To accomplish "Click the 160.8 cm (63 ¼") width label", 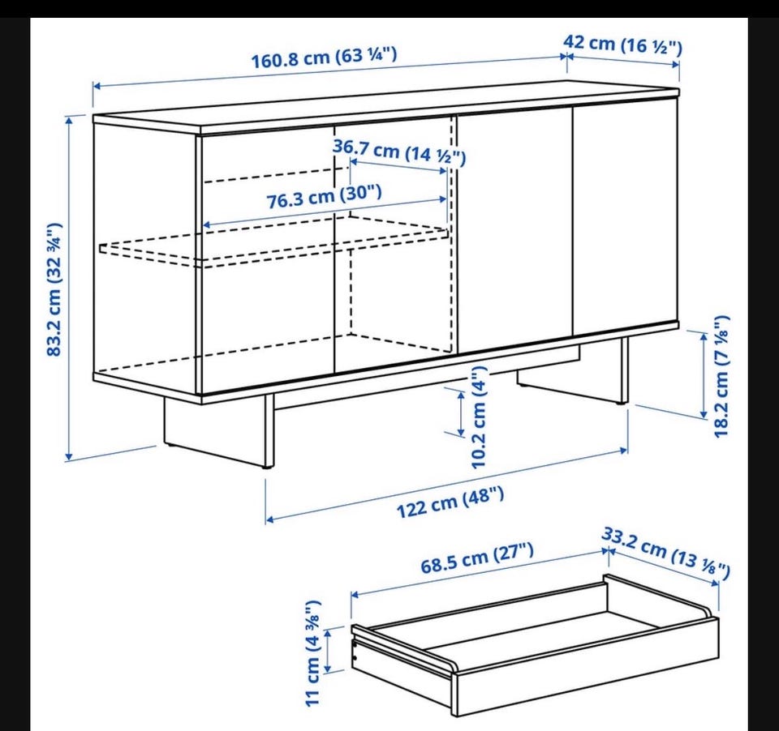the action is point(324,58).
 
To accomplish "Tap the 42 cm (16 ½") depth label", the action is point(622,45).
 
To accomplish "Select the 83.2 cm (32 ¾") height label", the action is point(54,289).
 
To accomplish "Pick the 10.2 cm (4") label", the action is point(480,417).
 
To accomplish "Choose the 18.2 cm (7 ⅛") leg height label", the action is point(721,377).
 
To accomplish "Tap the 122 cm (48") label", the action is point(450,502).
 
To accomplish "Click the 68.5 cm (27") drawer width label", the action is point(477,558).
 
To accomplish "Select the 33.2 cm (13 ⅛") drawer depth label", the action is point(666,554).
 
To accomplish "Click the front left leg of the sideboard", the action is point(269,430).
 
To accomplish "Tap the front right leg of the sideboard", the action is point(623,370).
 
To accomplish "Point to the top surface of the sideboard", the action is point(385,109).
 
